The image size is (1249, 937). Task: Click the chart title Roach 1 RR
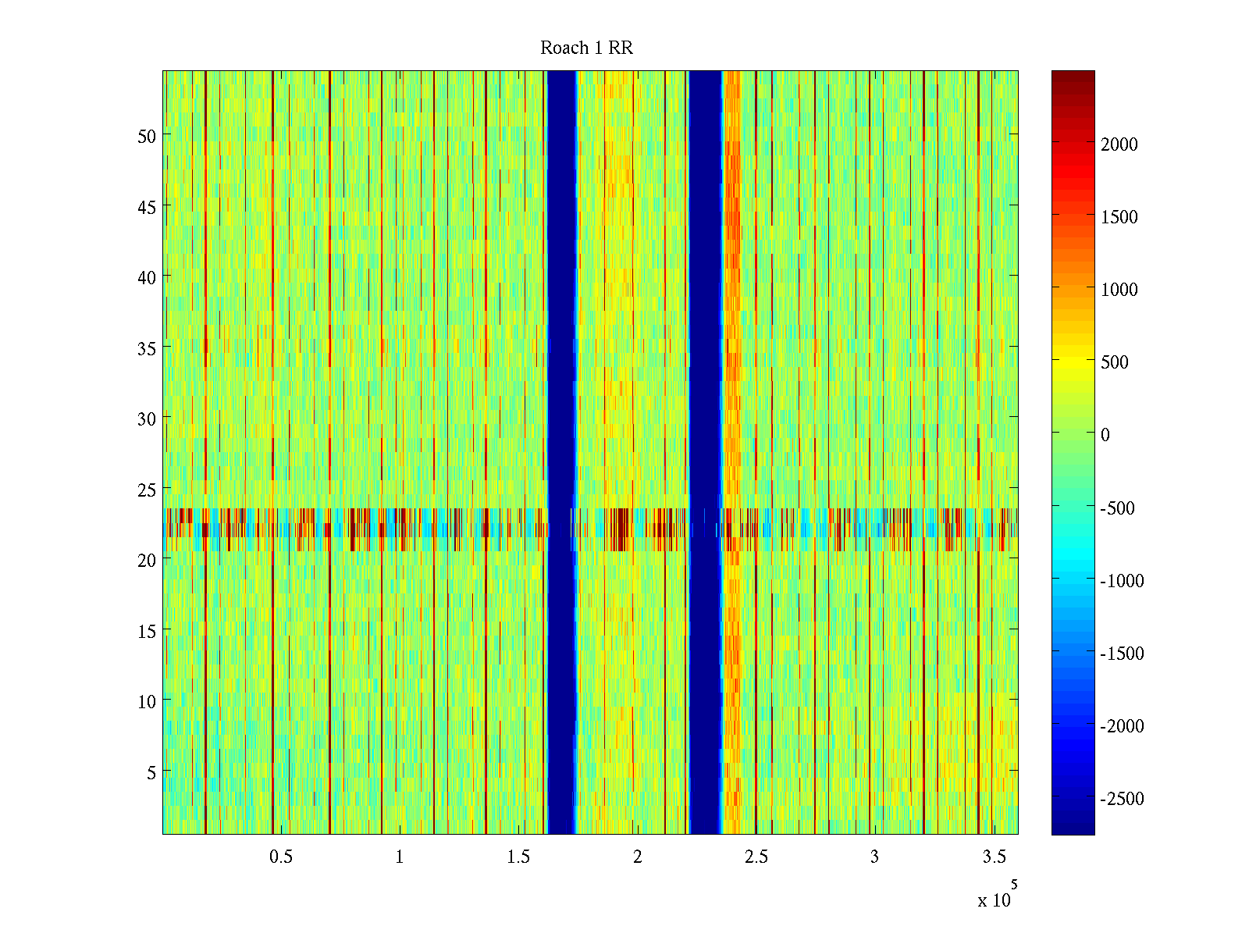point(586,48)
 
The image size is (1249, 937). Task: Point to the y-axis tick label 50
point(147,136)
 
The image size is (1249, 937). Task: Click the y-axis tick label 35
point(147,348)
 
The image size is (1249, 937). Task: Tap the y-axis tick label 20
point(147,560)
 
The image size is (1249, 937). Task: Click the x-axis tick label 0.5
point(281,857)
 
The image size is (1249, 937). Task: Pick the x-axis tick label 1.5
point(518,857)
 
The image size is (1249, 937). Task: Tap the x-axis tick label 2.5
point(756,857)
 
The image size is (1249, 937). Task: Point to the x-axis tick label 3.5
point(994,857)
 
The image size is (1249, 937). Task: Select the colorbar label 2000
point(1119,144)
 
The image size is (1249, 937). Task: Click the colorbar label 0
point(1105,435)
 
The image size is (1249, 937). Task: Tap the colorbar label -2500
point(1123,799)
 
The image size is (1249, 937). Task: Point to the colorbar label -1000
point(1123,581)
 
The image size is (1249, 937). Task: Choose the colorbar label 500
point(1115,362)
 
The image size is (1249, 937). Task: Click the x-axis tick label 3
point(874,857)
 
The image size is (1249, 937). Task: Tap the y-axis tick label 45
point(147,207)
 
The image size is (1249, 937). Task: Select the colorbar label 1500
point(1119,217)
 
